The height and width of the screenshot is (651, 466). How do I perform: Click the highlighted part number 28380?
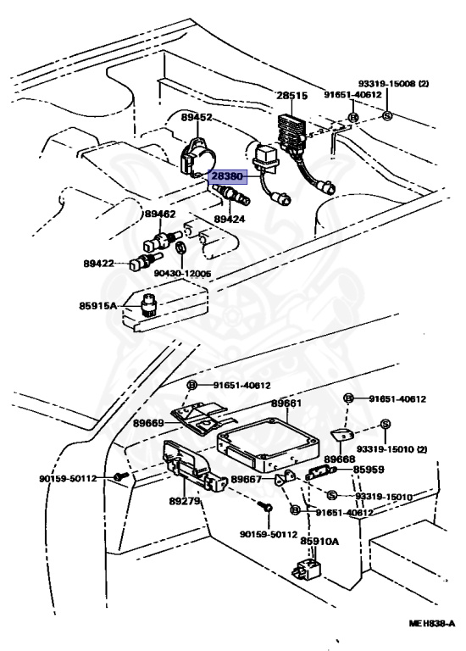click(227, 176)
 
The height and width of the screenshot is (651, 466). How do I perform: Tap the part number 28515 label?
click(292, 96)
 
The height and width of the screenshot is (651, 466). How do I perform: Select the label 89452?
click(197, 118)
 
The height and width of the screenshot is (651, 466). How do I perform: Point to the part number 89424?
click(230, 219)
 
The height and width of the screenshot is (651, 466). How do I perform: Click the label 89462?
click(160, 214)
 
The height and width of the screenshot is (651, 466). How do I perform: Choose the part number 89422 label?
click(99, 264)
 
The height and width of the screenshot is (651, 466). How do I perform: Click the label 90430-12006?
click(182, 274)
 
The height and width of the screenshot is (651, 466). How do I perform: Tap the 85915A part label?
click(98, 306)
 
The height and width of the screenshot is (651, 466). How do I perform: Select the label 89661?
click(286, 403)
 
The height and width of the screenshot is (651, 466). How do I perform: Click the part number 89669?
click(148, 424)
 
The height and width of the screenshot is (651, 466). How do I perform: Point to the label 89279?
click(184, 501)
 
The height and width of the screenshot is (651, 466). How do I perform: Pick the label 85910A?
click(319, 542)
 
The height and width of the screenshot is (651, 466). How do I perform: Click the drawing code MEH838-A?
click(432, 623)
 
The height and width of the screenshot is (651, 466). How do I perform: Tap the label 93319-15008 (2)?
click(394, 83)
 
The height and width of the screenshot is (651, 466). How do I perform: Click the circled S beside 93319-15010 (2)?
click(386, 424)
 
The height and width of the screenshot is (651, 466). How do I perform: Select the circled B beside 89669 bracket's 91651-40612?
click(191, 386)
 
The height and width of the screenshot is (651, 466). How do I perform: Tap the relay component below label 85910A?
click(306, 569)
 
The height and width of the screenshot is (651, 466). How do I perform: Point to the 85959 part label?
click(369, 470)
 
